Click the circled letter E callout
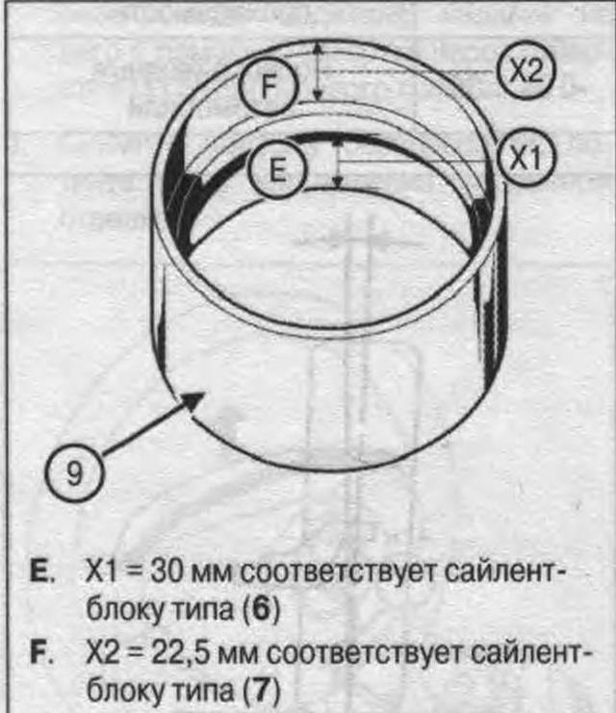(x=276, y=171)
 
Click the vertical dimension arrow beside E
(x=337, y=161)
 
